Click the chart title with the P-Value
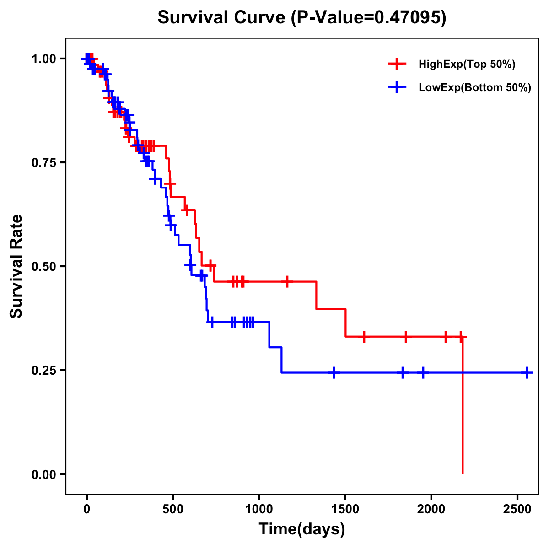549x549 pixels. (302, 18)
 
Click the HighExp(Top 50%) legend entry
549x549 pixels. (467, 65)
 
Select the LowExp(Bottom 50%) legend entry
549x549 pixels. (474, 88)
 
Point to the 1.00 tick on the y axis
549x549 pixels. (43, 59)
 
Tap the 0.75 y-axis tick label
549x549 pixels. (43, 163)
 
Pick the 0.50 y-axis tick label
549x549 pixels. (43, 267)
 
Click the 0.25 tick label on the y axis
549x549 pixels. (43, 371)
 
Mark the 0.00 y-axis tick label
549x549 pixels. (43, 474)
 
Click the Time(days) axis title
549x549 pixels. (302, 529)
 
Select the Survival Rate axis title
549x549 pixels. (16, 266)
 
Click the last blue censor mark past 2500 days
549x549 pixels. (527, 373)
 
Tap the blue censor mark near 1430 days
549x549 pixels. (334, 373)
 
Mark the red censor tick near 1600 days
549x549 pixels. (364, 337)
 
